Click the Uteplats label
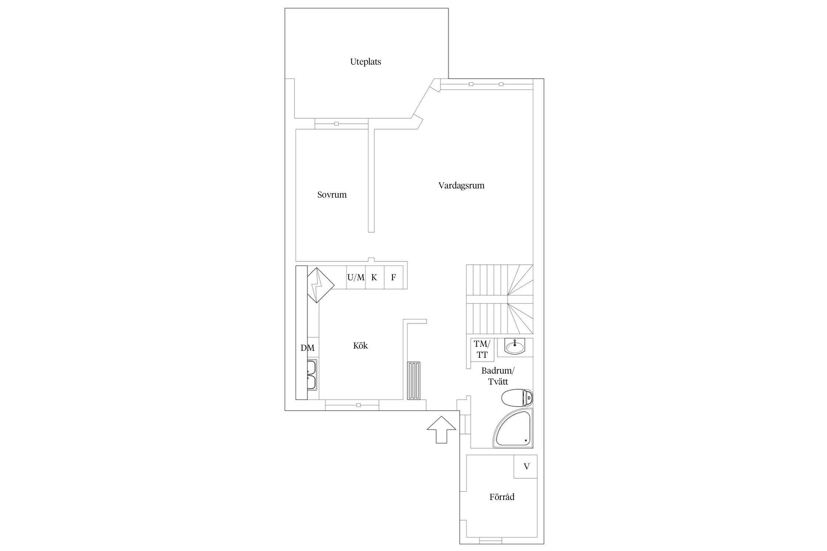pyautogui.click(x=365, y=62)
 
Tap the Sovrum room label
pyautogui.click(x=332, y=195)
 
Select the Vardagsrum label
pyautogui.click(x=461, y=186)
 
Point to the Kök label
pyautogui.click(x=360, y=346)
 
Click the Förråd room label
pyautogui.click(x=502, y=497)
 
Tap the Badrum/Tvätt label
pyautogui.click(x=498, y=376)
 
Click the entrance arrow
pyautogui.click(x=441, y=429)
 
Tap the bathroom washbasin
pyautogui.click(x=515, y=346)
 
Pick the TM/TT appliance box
pyautogui.click(x=481, y=349)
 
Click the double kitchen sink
pyautogui.click(x=313, y=380)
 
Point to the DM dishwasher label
pyautogui.click(x=307, y=348)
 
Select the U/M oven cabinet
pyautogui.click(x=356, y=278)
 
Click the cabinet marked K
pyautogui.click(x=375, y=278)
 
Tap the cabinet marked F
pyautogui.click(x=394, y=278)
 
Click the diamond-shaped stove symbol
pyautogui.click(x=319, y=285)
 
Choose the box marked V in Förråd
pyautogui.click(x=526, y=467)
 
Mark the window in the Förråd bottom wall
pyautogui.click(x=490, y=540)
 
